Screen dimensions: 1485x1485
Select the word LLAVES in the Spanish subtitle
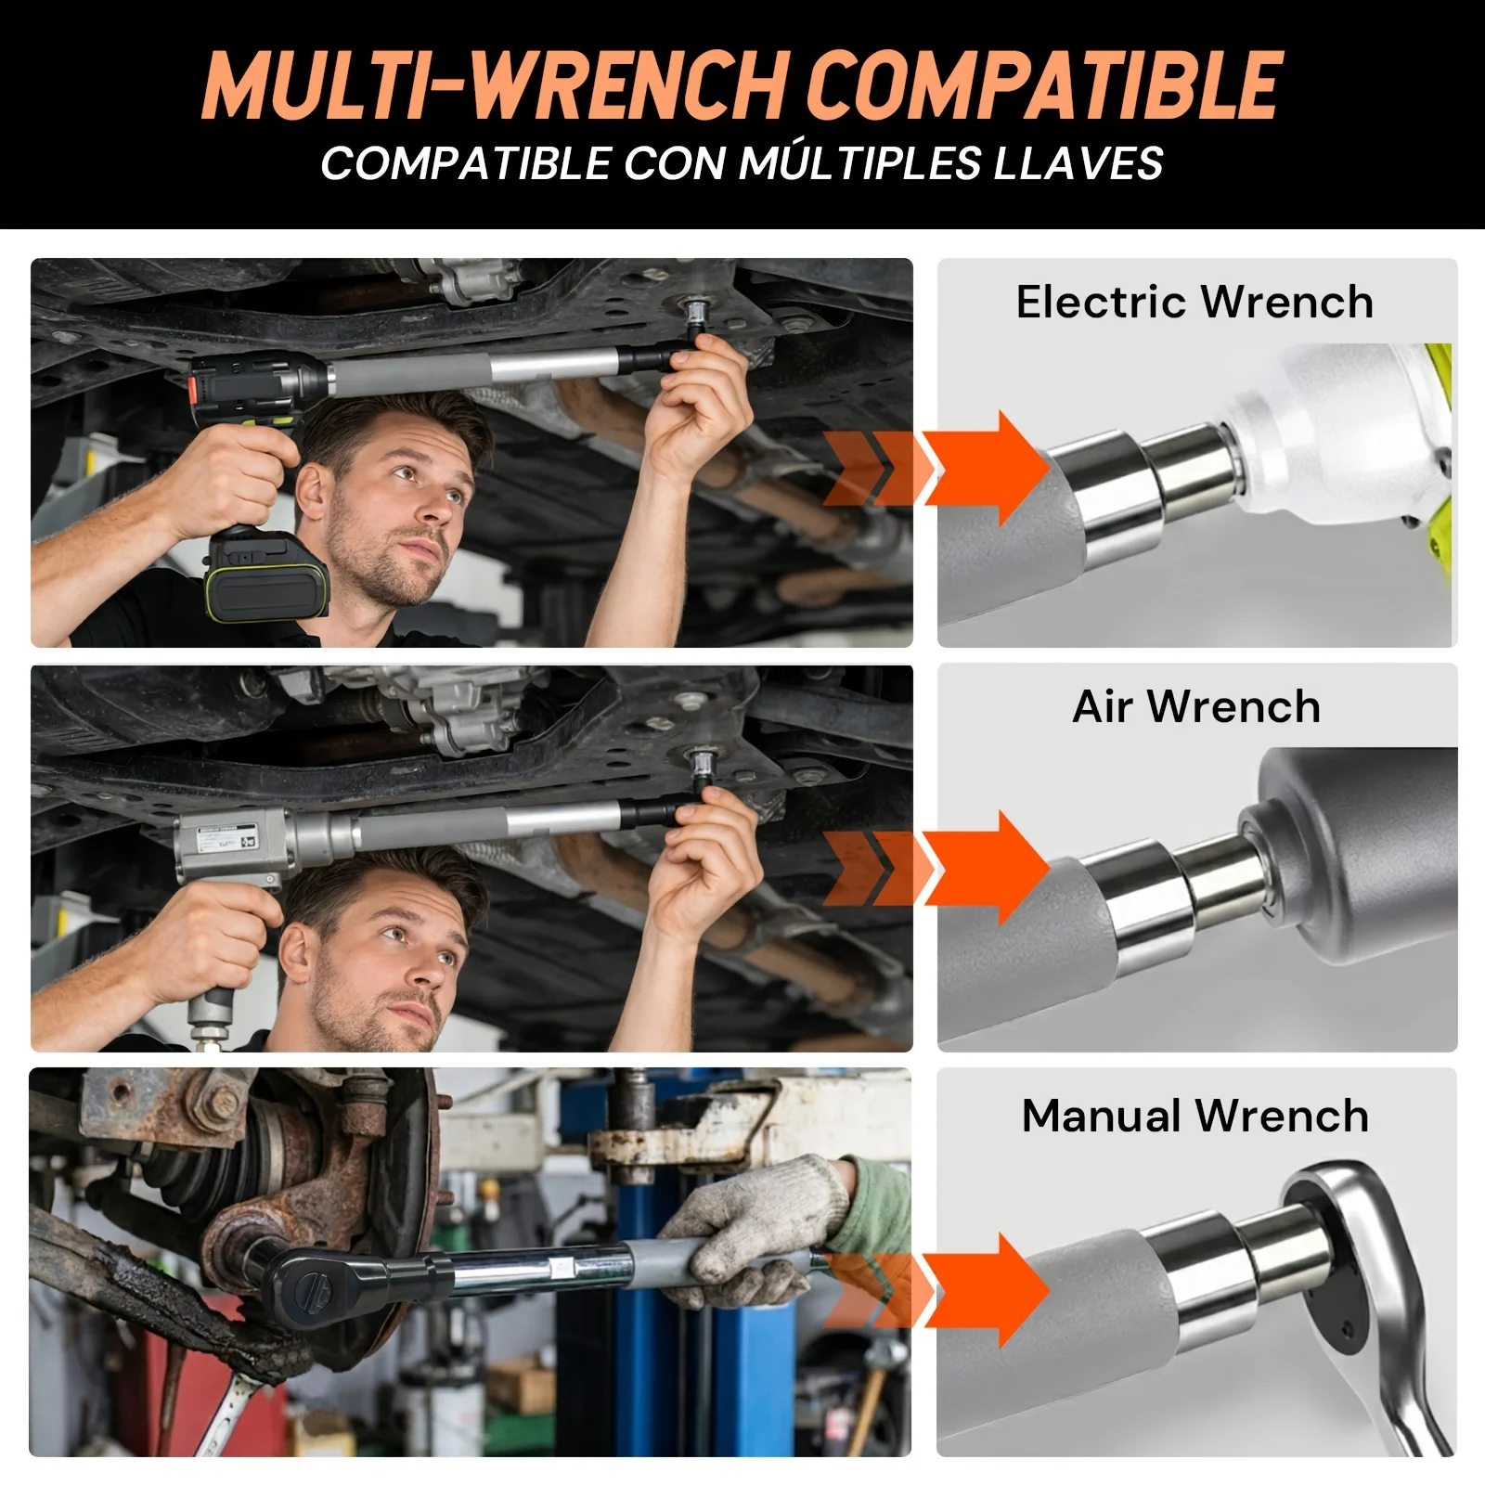[1078, 162]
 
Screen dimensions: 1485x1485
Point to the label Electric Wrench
[1194, 302]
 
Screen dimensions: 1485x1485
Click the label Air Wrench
[1196, 706]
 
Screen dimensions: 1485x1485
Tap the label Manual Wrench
[1195, 1116]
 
